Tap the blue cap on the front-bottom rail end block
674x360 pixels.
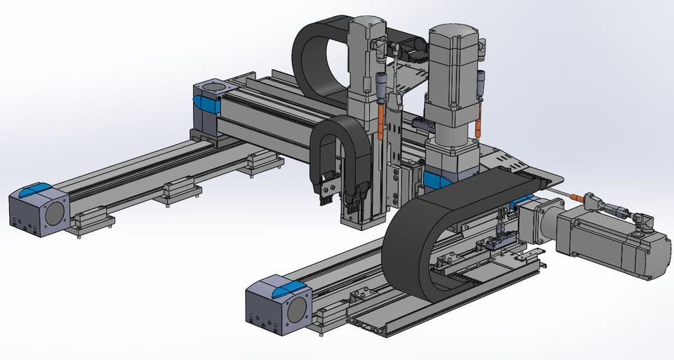[x=289, y=288]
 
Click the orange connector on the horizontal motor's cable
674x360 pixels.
[x=588, y=197]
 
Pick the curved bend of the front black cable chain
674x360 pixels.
[x=403, y=232]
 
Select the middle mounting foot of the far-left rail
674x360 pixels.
[x=176, y=194]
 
